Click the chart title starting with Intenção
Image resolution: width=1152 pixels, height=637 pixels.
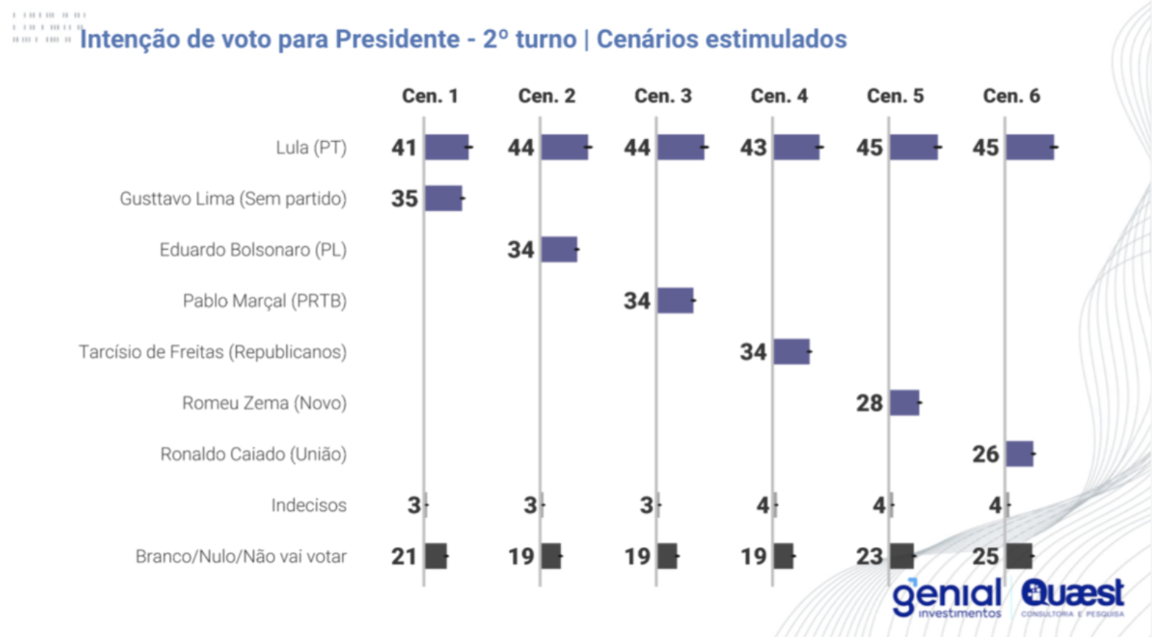(x=463, y=39)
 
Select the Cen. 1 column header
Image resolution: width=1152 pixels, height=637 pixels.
(x=429, y=96)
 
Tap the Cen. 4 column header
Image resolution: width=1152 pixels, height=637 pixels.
(x=778, y=96)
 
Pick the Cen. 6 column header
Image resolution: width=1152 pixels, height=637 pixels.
(x=1011, y=96)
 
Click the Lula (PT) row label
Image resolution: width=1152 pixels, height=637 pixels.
(x=311, y=147)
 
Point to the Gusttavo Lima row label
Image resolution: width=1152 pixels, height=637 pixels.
(x=233, y=198)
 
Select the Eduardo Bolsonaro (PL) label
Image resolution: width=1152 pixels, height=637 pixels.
(x=253, y=250)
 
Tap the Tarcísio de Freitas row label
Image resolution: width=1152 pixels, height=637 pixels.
(x=213, y=352)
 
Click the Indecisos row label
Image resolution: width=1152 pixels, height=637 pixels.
(x=308, y=505)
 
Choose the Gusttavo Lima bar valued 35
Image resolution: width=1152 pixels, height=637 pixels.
(x=444, y=198)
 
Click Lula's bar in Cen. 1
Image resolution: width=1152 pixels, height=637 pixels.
(x=447, y=147)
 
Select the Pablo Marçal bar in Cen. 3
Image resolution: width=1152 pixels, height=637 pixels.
(x=675, y=301)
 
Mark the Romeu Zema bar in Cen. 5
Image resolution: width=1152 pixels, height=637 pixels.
(x=904, y=403)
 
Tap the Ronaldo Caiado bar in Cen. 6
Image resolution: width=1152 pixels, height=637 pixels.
(x=1020, y=454)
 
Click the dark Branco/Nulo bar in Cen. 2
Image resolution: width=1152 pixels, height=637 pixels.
(x=551, y=556)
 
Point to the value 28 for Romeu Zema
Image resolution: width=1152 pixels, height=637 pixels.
(x=869, y=403)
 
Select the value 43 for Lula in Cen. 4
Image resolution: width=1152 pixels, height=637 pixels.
(x=753, y=147)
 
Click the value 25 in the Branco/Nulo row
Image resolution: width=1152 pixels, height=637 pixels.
(x=985, y=556)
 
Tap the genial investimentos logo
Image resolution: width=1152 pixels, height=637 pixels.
(x=946, y=598)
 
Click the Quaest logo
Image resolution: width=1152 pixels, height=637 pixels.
(x=1073, y=597)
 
